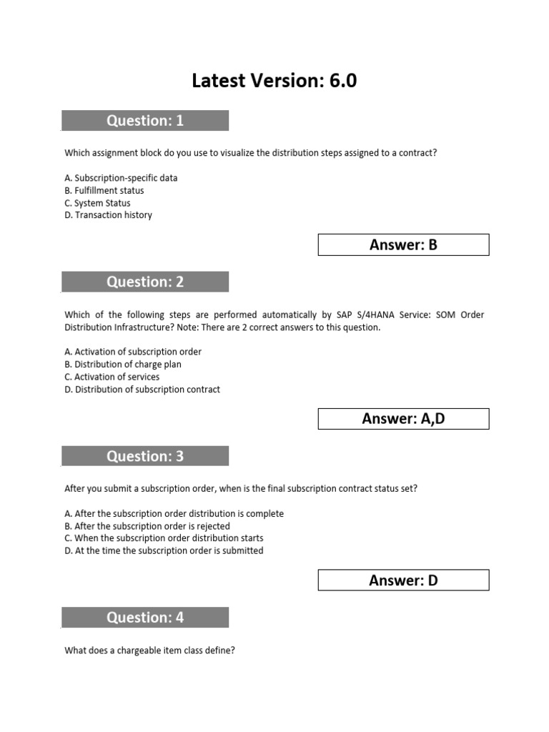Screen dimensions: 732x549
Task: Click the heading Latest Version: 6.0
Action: click(274, 81)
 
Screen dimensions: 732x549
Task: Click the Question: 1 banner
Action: click(145, 121)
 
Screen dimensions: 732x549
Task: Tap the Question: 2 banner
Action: click(145, 282)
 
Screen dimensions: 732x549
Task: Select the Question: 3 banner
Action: click(145, 456)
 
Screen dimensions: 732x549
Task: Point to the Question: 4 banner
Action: click(145, 618)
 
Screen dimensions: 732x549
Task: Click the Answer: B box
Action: click(403, 245)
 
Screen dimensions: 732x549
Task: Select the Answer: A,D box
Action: click(403, 419)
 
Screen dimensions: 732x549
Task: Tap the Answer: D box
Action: click(403, 580)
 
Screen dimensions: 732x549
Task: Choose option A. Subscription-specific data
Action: click(121, 178)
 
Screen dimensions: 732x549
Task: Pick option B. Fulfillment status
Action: click(104, 191)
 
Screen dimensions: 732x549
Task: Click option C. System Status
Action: click(98, 203)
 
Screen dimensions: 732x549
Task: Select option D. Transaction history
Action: click(108, 215)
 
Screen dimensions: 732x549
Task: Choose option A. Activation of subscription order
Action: click(133, 352)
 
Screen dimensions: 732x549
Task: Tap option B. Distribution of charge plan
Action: click(123, 365)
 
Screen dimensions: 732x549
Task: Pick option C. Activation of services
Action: click(112, 377)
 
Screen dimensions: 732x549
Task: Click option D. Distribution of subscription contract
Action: click(142, 390)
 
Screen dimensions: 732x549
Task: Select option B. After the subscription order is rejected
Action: click(147, 526)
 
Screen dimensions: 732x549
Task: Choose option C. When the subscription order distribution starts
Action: click(164, 538)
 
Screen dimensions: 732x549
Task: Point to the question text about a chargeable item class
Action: click(150, 651)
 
